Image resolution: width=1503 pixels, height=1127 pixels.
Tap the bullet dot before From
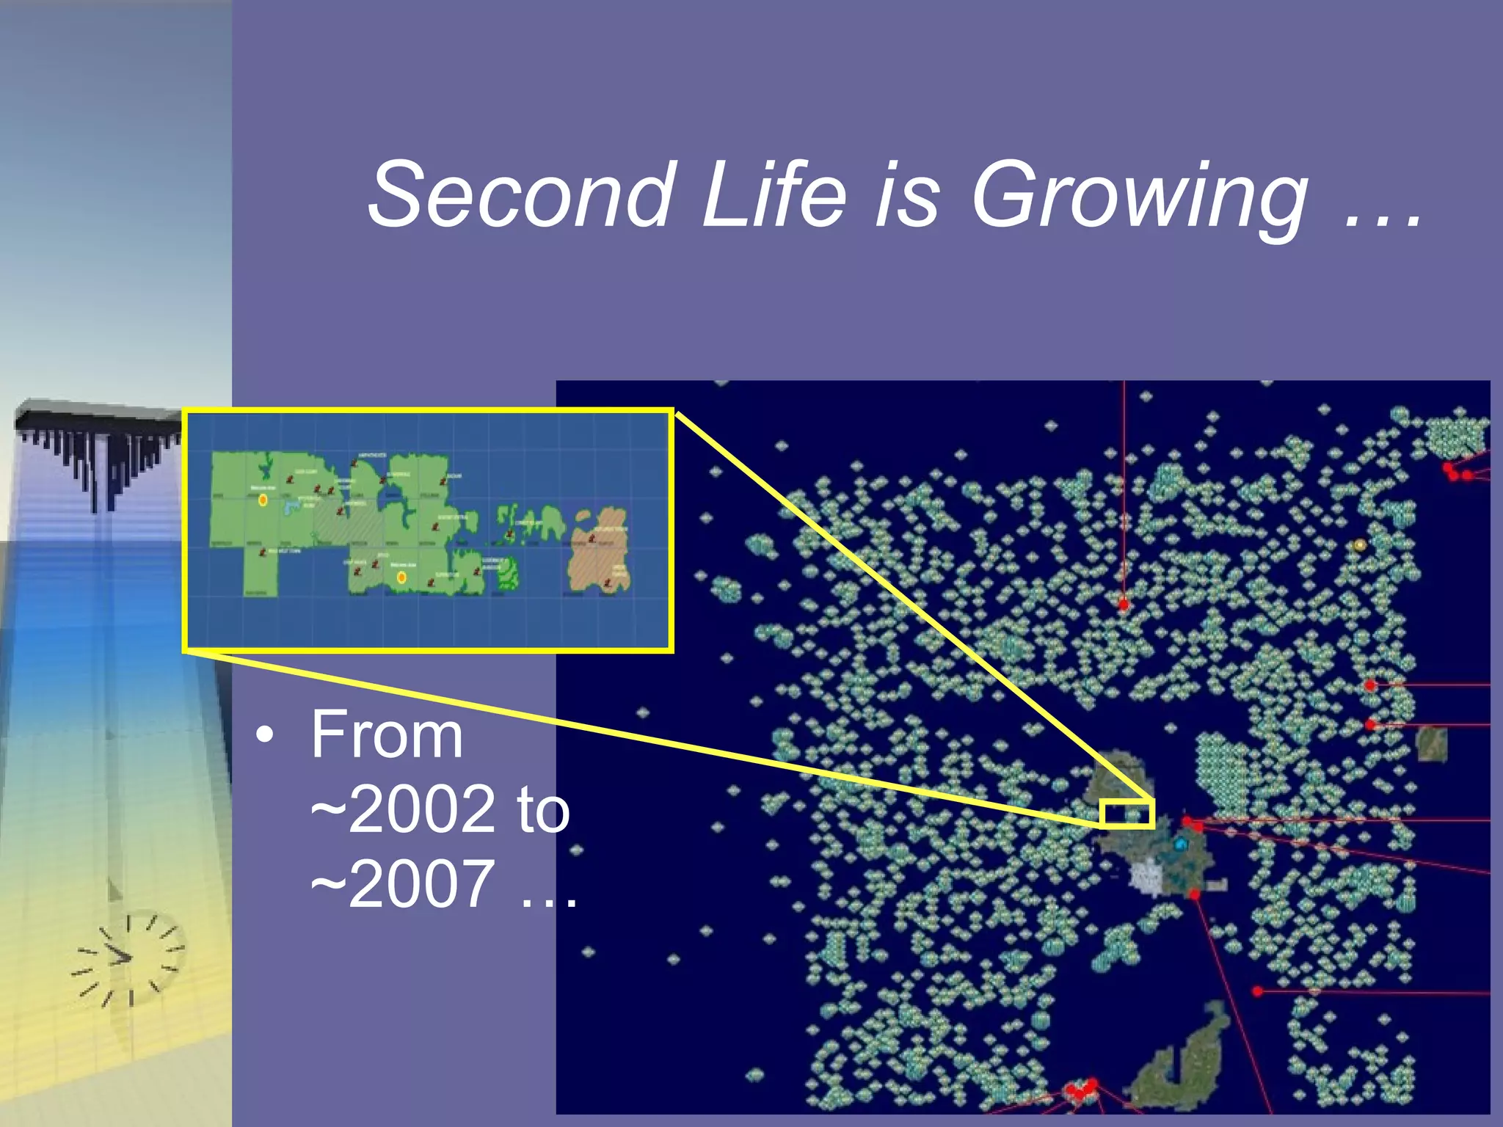(x=265, y=735)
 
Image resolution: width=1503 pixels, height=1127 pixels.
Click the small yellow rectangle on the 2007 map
(x=1128, y=814)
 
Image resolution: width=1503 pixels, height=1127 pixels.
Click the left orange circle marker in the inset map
(x=263, y=500)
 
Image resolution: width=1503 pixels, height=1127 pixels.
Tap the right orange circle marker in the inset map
(x=401, y=577)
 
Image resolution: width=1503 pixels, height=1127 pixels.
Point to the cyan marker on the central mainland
(x=1181, y=845)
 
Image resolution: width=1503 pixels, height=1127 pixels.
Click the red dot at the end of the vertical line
(x=1124, y=605)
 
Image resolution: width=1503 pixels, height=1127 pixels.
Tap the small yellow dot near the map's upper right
(x=1359, y=545)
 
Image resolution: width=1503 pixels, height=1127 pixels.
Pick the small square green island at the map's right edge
(x=1432, y=743)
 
